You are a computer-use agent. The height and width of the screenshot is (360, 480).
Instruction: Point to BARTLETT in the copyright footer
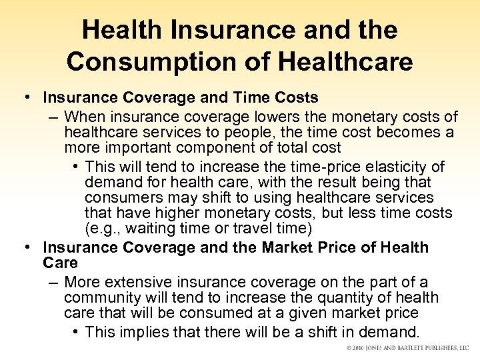coord(410,349)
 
